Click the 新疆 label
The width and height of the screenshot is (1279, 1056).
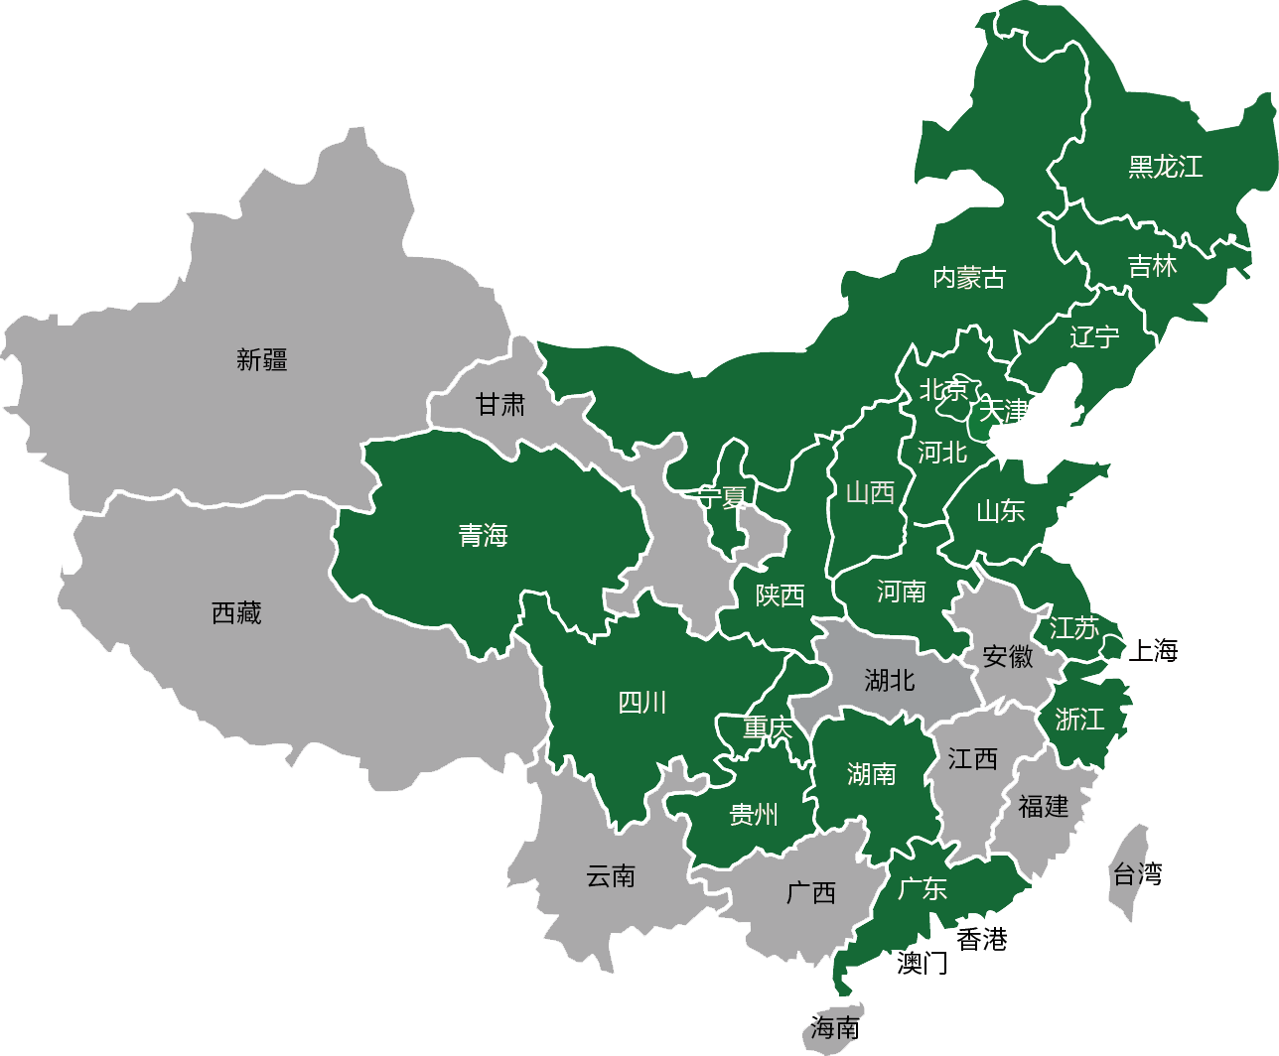(262, 360)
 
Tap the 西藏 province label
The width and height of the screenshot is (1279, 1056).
(236, 613)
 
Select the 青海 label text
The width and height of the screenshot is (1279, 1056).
(484, 536)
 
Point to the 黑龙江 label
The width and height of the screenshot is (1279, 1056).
(1165, 167)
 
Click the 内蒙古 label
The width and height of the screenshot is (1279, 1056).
(969, 278)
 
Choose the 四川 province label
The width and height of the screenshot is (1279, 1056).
(642, 703)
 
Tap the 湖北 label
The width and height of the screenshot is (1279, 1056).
(890, 681)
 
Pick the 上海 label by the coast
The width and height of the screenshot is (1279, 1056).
(1153, 651)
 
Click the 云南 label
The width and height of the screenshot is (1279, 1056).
(611, 876)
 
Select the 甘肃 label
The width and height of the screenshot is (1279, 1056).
(500, 405)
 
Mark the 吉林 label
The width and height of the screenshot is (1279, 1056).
(1152, 266)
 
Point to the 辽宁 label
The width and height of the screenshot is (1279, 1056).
(1094, 337)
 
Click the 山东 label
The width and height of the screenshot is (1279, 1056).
(1000, 511)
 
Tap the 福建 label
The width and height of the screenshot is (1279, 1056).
(1044, 807)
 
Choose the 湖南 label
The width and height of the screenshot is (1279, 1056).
(872, 774)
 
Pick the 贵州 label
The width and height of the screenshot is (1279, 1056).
(754, 815)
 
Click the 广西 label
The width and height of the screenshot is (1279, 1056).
(811, 893)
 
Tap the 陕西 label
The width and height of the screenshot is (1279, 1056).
(781, 595)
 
